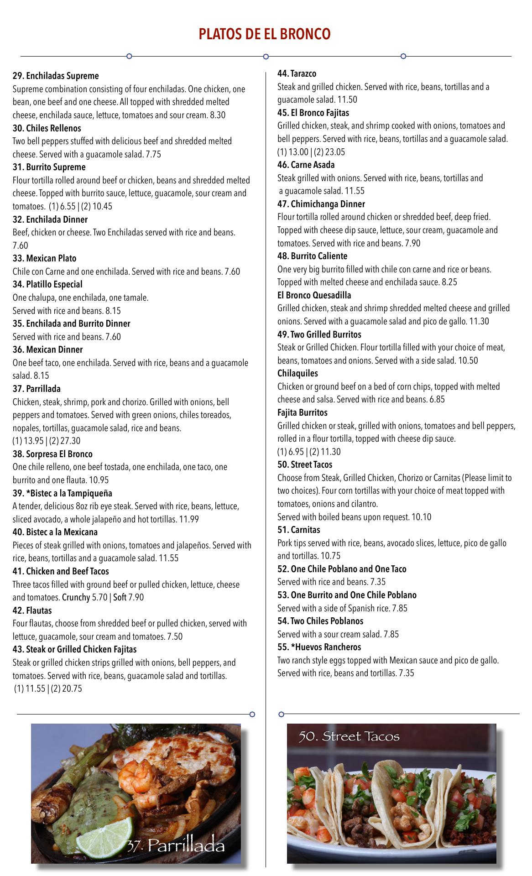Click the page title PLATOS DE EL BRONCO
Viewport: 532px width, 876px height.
pyautogui.click(x=264, y=34)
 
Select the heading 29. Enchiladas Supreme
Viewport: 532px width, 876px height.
pyautogui.click(x=56, y=76)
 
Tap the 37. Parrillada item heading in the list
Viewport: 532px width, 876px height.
pyautogui.click(x=37, y=389)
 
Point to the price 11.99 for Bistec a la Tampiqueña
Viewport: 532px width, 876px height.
pyautogui.click(x=189, y=519)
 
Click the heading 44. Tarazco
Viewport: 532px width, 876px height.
pyautogui.click(x=297, y=73)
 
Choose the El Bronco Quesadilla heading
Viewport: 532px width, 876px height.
pyautogui.click(x=314, y=295)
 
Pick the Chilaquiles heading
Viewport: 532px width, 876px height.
pyautogui.click(x=297, y=373)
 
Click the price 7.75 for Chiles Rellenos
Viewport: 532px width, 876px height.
pyautogui.click(x=153, y=154)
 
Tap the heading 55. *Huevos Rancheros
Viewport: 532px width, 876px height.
pyautogui.click(x=319, y=647)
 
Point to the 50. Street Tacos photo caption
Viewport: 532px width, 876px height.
pyautogui.click(x=349, y=736)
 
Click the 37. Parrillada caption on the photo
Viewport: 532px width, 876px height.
pyautogui.click(x=176, y=845)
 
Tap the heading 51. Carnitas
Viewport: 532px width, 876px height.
pyautogui.click(x=298, y=530)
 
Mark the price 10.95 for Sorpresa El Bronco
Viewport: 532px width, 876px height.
pyautogui.click(x=99, y=480)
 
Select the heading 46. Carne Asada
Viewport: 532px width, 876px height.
pyautogui.click(x=306, y=165)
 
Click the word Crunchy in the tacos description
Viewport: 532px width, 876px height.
pyautogui.click(x=76, y=597)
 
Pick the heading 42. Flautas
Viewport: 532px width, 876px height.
pyautogui.click(x=32, y=610)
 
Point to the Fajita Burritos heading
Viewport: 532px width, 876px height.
pyautogui.click(x=302, y=412)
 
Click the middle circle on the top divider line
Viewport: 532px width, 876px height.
pyautogui.click(x=266, y=57)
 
